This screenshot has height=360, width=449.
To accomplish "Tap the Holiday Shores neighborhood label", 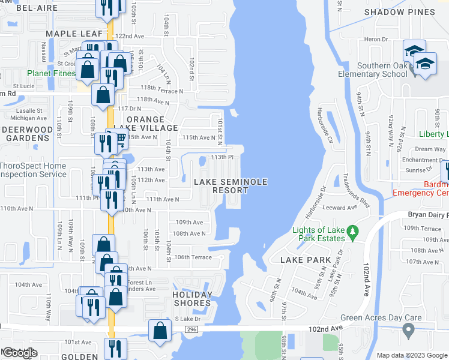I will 192,299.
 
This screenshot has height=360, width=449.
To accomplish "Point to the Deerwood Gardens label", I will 26,133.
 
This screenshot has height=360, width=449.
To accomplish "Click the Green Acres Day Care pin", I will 408,329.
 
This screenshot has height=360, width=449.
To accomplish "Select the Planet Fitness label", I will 50,74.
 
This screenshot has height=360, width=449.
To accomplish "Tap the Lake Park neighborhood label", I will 306,260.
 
